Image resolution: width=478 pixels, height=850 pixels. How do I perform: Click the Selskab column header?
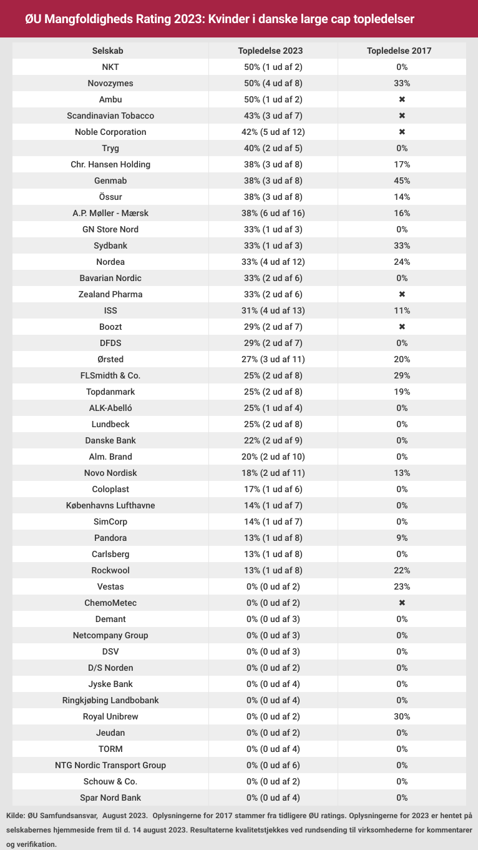tap(110, 51)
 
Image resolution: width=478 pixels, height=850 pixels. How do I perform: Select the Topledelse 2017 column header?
tap(402, 51)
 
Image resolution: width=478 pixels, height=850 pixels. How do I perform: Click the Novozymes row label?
tap(110, 83)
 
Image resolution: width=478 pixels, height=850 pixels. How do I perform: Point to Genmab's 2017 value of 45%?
tap(402, 180)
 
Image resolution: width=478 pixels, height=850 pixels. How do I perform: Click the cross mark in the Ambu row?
tap(402, 99)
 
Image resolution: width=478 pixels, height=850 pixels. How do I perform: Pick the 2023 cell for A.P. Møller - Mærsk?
tap(274, 213)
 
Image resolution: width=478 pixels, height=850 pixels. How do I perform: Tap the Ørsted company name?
tap(110, 359)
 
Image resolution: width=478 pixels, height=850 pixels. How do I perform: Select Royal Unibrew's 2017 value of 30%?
tap(402, 716)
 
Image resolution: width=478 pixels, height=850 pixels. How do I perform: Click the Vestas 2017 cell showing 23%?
tap(402, 586)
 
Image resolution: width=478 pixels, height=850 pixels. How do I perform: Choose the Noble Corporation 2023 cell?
tap(274, 132)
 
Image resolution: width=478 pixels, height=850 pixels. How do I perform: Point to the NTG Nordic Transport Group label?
tap(110, 765)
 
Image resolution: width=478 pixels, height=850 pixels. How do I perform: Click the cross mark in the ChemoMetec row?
tap(402, 603)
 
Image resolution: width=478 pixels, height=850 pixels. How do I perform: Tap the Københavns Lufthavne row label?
tap(110, 505)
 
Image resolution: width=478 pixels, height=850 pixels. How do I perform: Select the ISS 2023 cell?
tap(274, 310)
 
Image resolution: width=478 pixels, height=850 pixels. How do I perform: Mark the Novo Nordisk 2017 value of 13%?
tap(402, 473)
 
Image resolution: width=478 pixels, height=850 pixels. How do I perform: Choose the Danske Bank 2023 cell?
tap(274, 440)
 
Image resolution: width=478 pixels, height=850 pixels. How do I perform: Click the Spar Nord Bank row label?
tap(110, 798)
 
